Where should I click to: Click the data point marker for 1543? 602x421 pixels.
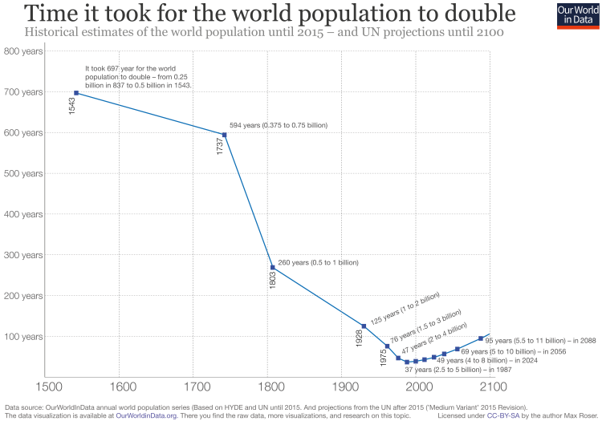76,93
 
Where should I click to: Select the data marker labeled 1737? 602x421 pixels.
224,135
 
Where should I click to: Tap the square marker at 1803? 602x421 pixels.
273,267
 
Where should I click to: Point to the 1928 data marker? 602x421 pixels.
364,326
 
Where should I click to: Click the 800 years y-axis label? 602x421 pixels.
24,51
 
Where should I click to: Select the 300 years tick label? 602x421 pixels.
24,255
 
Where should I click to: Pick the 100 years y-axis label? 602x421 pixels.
24,336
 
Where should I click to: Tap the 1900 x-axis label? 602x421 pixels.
343,387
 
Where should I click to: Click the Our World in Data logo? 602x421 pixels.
576,15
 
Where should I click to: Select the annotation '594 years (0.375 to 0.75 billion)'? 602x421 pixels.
279,125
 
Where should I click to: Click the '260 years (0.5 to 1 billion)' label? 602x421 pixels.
318,262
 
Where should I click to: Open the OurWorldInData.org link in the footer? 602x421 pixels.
146,415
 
